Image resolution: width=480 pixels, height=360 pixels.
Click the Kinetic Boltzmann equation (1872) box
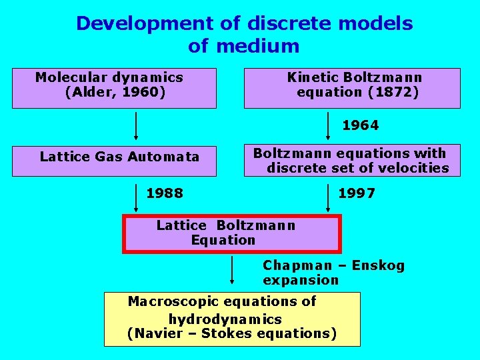coord(352,88)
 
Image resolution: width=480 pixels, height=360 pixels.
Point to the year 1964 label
coord(360,125)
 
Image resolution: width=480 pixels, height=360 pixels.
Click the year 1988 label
coord(165,193)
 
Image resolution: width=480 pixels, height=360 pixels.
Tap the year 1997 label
coord(357,193)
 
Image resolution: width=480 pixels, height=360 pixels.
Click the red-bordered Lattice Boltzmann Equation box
coord(231,233)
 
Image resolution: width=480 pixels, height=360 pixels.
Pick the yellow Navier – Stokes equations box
coord(231,319)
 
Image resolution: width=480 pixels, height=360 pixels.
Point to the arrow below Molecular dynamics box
coord(137,125)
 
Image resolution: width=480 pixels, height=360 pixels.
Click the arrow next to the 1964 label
coord(329,125)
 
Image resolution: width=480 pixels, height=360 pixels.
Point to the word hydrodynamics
coord(225,319)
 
